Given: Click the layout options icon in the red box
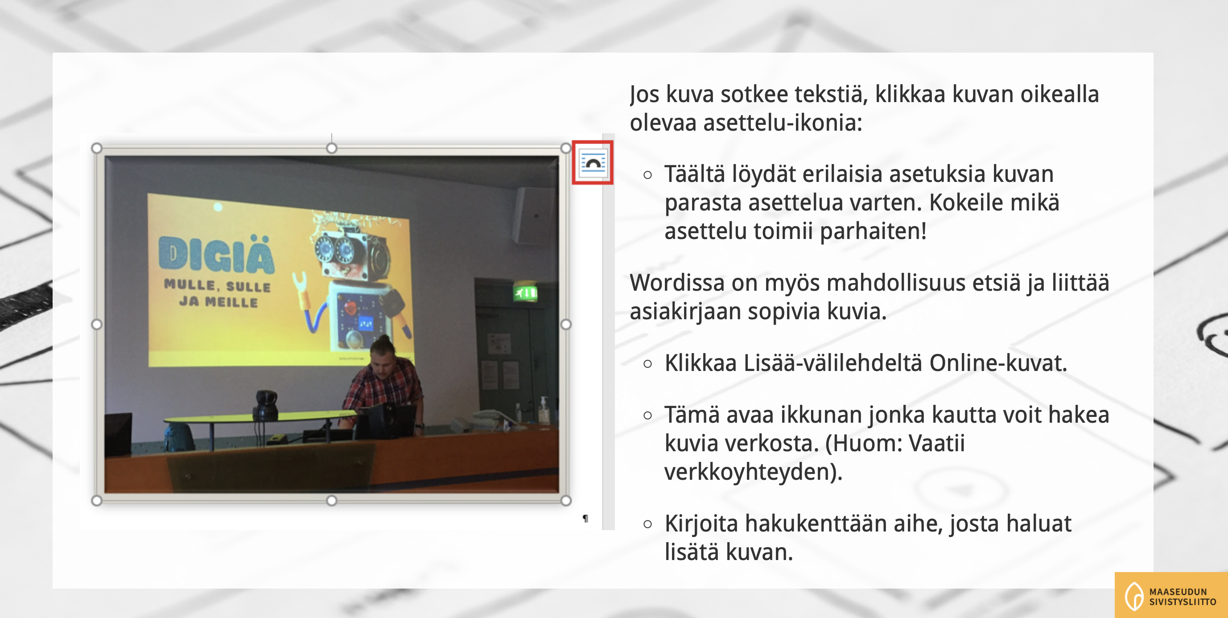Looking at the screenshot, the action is point(593,163).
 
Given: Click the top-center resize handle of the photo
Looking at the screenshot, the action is point(331,148).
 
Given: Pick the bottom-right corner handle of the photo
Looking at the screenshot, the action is point(566,500).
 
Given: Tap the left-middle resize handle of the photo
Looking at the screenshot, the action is point(96,324).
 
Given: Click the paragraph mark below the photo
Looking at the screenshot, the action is point(585,518).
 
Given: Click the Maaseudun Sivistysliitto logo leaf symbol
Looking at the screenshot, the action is point(1134,596).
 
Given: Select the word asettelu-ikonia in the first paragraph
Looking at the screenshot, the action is point(782,123).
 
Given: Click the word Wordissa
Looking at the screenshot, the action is point(677,283).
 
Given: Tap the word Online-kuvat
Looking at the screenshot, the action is point(998,363).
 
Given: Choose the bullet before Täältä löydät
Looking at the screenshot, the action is point(647,175).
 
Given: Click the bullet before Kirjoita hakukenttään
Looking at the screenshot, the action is point(647,524).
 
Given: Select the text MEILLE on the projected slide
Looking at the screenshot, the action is point(231,302).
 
